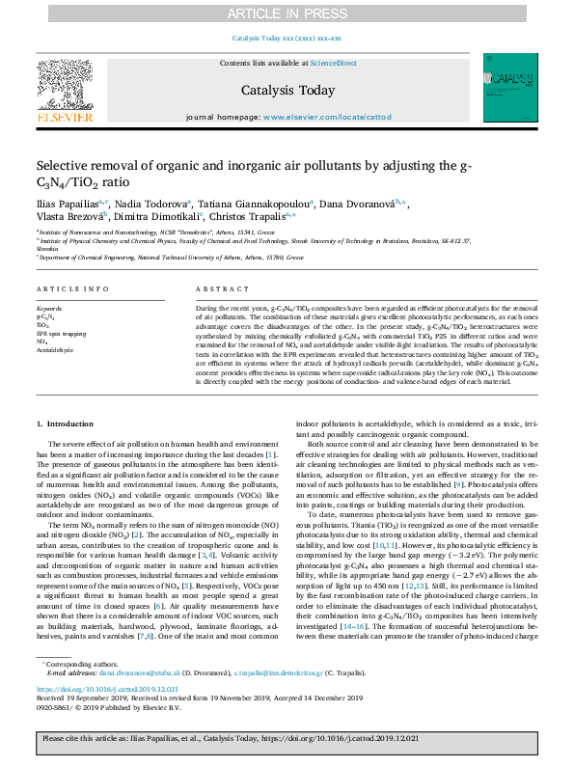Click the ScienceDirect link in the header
[334, 63]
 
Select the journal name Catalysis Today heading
[287, 91]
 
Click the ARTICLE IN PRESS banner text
[287, 13]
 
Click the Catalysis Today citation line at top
[287, 40]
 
